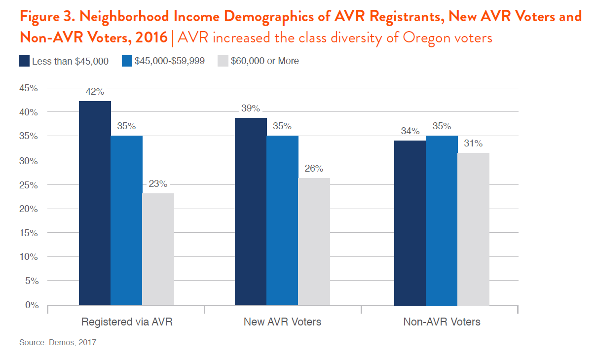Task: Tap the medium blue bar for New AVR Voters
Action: tap(282, 220)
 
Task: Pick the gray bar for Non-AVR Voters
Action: tap(473, 229)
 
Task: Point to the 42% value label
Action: tap(95, 92)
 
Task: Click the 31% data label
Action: tap(473, 144)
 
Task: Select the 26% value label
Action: tap(314, 169)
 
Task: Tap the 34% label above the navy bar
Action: tap(410, 131)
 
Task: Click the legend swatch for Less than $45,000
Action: tap(24, 61)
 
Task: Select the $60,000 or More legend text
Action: tap(264, 61)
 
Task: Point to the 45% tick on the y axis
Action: tap(29, 88)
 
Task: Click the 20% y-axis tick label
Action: tap(29, 209)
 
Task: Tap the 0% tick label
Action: tap(31, 305)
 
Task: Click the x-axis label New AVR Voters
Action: tap(282, 322)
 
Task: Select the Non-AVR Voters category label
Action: tap(442, 322)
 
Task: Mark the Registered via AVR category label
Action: tap(127, 322)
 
